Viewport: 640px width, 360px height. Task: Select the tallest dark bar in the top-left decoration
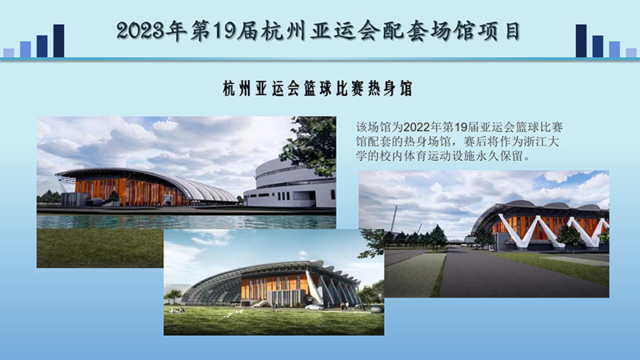pos(58,41)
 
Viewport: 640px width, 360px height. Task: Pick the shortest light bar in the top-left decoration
pos(9,53)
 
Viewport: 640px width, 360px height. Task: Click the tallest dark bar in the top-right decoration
pos(581,41)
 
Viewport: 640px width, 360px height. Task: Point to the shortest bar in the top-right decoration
pos(631,53)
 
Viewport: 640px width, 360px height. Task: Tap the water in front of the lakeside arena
pos(184,220)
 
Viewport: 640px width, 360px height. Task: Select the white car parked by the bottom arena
pos(316,306)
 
